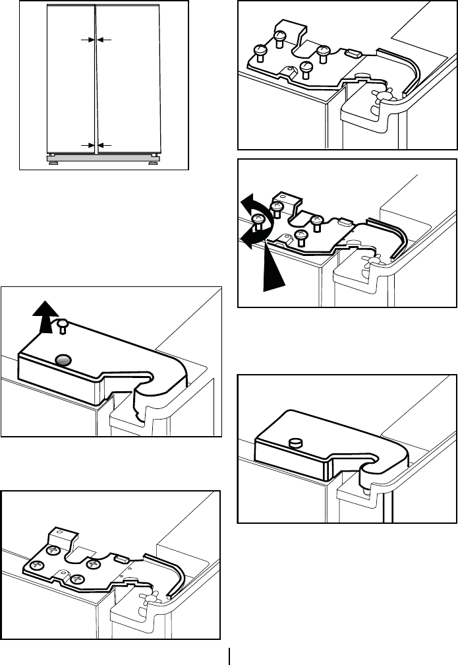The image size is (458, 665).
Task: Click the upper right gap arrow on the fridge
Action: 106,40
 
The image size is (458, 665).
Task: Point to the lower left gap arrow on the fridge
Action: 85,144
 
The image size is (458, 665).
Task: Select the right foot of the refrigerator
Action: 154,157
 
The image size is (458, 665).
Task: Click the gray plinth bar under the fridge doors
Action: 103,158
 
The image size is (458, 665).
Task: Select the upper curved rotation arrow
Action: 256,210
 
